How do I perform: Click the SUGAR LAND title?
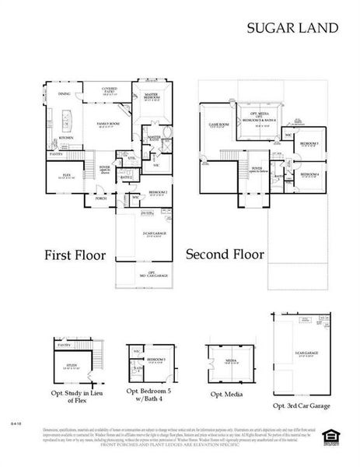(292, 28)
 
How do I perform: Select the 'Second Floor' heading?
(225, 255)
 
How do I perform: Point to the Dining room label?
(65, 95)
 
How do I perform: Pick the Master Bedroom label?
(152, 97)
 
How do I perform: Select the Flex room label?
(66, 174)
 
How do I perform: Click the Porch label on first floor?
(100, 198)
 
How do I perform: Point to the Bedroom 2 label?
(159, 192)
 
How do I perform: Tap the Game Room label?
(219, 125)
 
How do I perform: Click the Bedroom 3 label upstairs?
(310, 144)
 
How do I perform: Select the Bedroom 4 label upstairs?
(310, 175)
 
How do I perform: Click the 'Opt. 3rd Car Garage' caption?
(302, 406)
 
